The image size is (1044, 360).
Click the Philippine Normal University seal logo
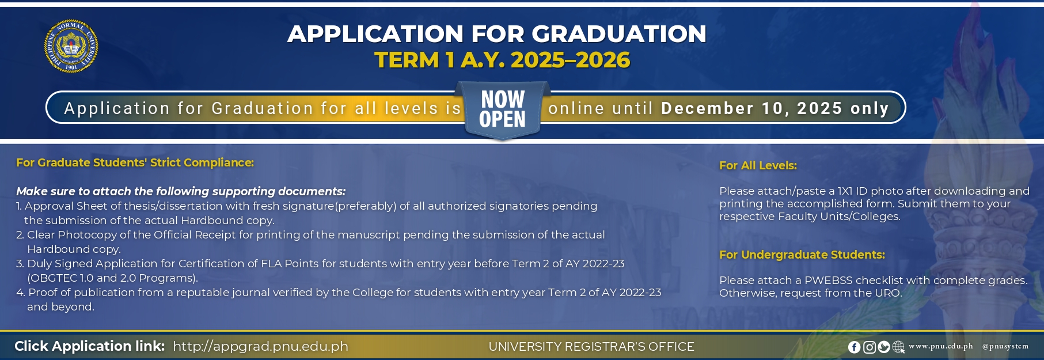[71, 46]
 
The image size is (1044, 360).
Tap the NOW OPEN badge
[503, 109]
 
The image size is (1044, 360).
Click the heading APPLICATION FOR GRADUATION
[497, 34]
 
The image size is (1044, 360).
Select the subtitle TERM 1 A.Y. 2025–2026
[502, 60]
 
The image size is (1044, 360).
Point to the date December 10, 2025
[752, 108]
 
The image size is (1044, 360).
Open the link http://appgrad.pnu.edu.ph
[260, 346]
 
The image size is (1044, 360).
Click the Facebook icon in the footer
[854, 347]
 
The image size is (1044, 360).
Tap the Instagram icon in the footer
[869, 347]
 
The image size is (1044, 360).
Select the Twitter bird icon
[884, 347]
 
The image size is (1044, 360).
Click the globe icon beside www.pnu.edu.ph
[898, 347]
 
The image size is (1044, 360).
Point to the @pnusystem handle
[1005, 346]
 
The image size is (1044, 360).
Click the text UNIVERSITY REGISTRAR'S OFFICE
[591, 347]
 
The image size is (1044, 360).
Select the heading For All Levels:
[758, 165]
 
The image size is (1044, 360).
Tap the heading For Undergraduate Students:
[802, 255]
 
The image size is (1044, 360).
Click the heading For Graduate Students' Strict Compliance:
[135, 162]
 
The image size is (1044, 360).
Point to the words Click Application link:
[89, 346]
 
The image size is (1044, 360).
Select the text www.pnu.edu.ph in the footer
[941, 346]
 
